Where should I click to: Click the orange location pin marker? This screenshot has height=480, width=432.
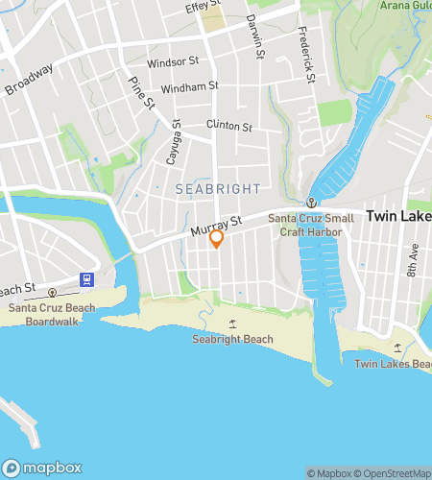(x=217, y=238)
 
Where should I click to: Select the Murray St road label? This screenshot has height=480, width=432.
(x=213, y=227)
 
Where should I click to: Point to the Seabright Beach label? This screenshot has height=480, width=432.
(x=232, y=339)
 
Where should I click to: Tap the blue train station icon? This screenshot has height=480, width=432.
(x=87, y=280)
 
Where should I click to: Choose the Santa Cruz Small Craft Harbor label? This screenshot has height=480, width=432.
(x=311, y=225)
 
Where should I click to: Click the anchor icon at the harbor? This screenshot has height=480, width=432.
(x=311, y=203)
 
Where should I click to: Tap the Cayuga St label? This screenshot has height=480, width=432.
(x=174, y=142)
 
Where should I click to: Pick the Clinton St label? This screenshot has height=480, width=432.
(x=228, y=126)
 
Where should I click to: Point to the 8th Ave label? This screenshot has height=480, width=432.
(x=413, y=261)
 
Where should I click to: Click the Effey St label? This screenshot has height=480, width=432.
(x=204, y=9)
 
